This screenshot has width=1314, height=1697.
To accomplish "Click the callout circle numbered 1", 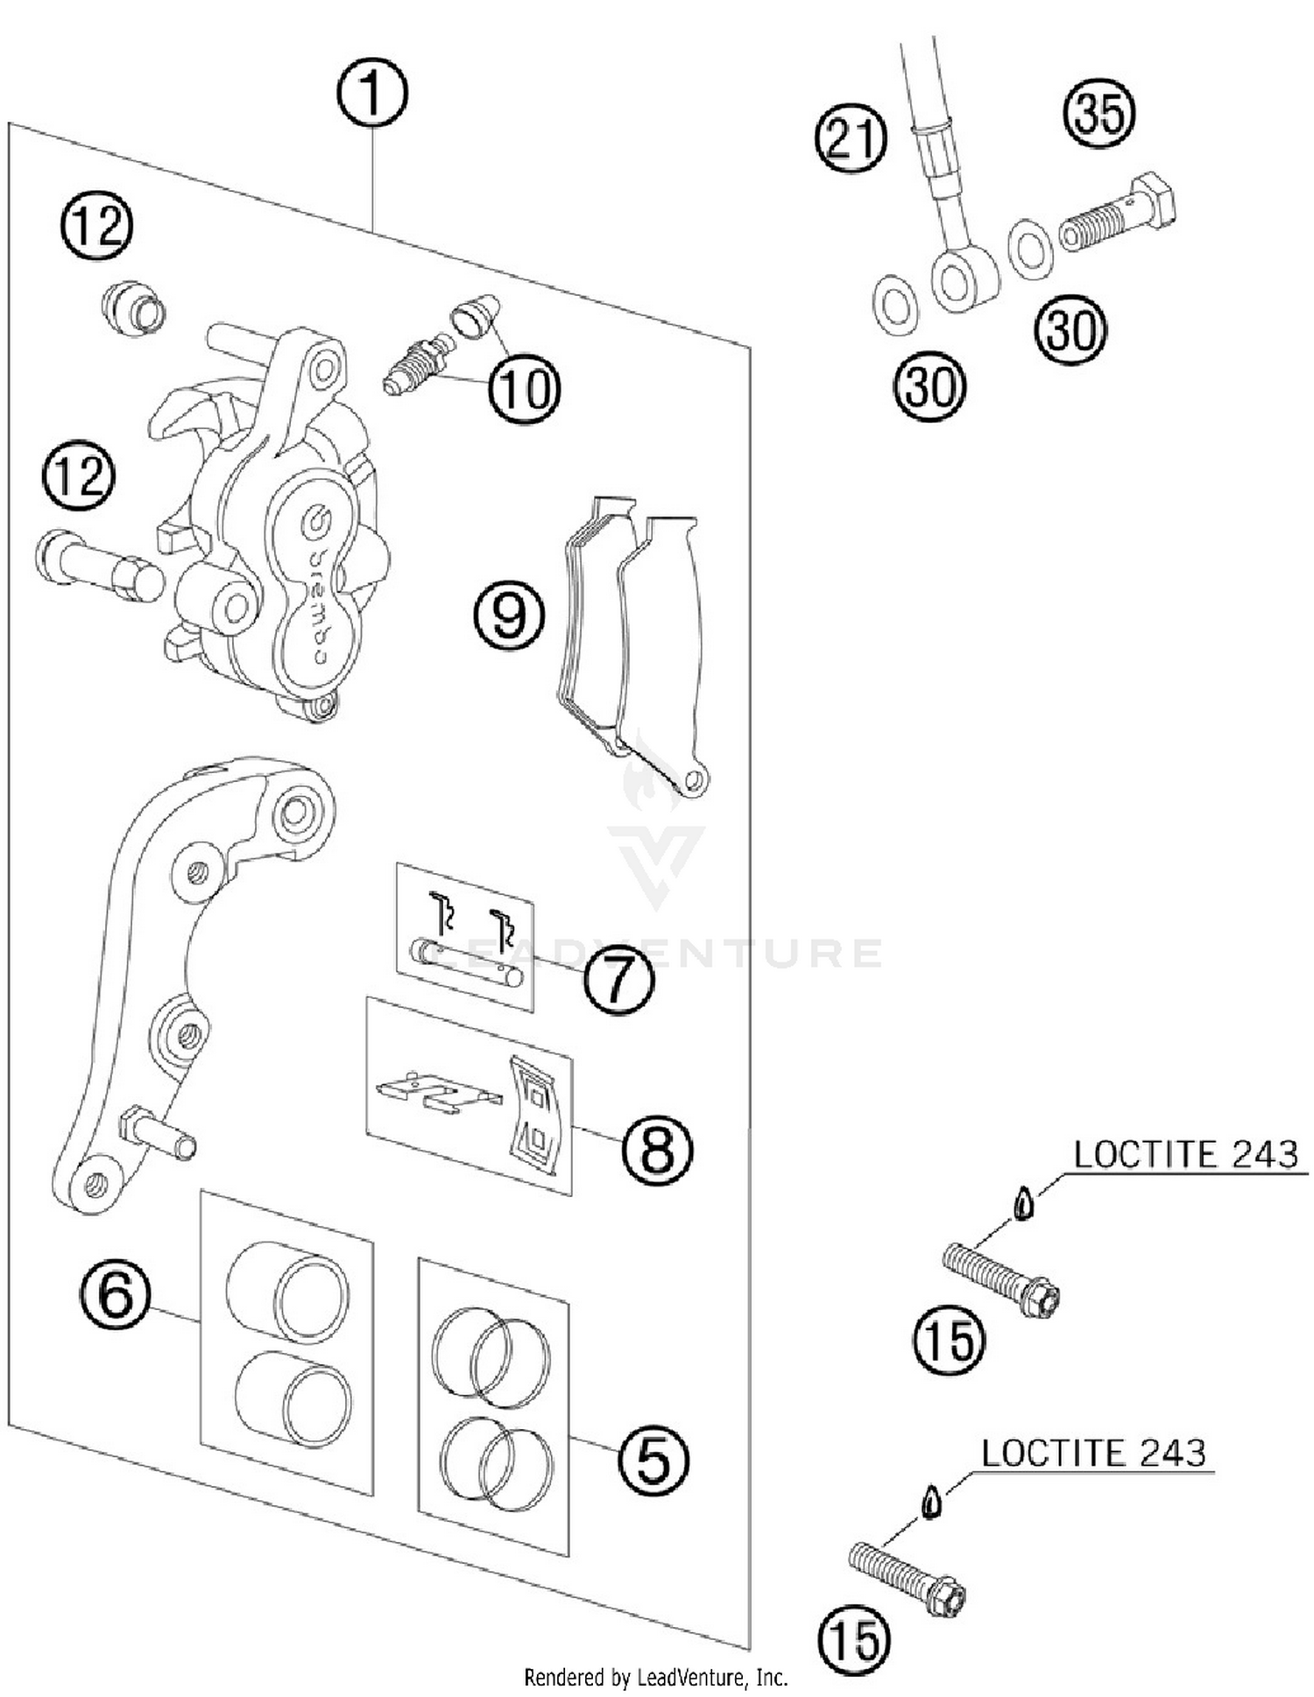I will coord(372,94).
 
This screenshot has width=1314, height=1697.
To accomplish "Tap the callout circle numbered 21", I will coord(851,138).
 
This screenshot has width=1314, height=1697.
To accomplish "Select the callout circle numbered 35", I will coord(1099,113).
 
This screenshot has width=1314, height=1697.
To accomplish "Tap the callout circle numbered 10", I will coord(524,388).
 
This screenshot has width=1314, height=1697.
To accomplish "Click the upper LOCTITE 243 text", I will coord(1185,1155).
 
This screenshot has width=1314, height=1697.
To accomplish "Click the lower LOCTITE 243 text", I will coord(1092,1454).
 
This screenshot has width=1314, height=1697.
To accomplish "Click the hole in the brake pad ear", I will coord(695,779).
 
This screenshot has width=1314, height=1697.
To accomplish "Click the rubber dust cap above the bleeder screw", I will coord(477,317).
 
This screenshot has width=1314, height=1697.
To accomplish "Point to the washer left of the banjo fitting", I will coord(895,306).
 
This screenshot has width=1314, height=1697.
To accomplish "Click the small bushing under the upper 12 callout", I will coord(134,308).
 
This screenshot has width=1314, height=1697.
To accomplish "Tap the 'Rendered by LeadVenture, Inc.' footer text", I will coord(656,1677).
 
